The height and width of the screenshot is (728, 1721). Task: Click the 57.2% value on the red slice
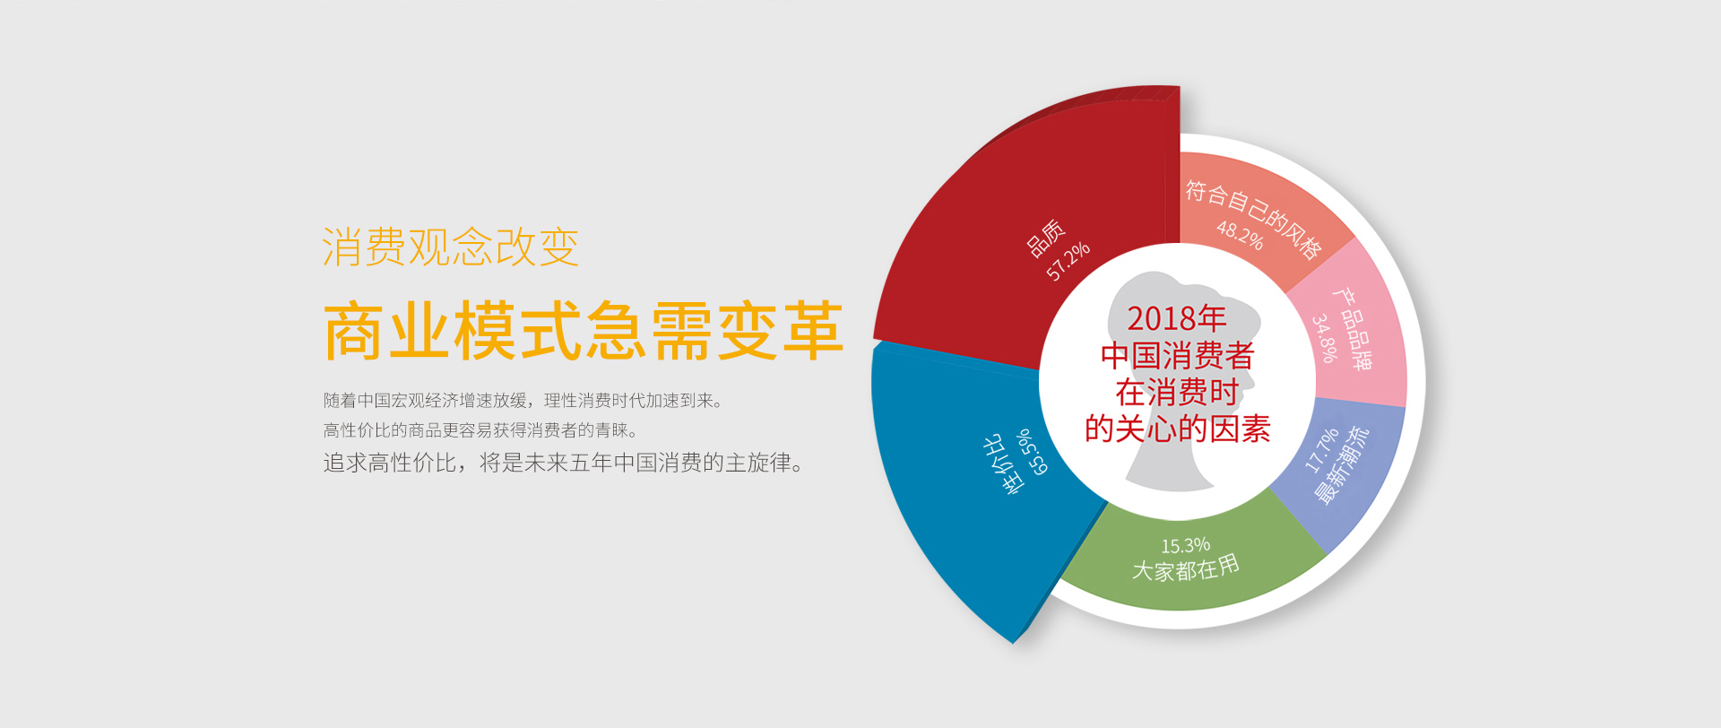tap(1068, 261)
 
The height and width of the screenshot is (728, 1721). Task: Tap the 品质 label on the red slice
tap(1046, 238)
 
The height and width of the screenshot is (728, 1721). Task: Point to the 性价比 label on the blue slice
tap(1002, 464)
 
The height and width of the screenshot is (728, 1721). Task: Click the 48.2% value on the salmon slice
tap(1240, 235)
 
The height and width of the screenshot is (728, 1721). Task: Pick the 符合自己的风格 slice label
tap(1253, 219)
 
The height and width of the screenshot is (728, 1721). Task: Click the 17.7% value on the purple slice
tap(1321, 449)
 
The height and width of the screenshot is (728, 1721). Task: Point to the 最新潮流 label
tap(1342, 464)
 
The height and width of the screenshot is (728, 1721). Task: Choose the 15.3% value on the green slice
tap(1185, 545)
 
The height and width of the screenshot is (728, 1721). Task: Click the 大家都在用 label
tap(1186, 568)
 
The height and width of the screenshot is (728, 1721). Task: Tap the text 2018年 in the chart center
tap(1176, 318)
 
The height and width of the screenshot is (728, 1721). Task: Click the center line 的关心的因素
tap(1177, 429)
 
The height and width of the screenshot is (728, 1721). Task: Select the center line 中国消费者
tap(1177, 355)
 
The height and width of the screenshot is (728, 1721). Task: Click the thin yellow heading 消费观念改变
tap(451, 247)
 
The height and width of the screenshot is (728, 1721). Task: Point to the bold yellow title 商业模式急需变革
tap(584, 331)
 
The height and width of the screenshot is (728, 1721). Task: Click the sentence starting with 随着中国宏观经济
tap(523, 400)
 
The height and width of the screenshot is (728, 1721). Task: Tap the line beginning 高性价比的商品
tap(481, 430)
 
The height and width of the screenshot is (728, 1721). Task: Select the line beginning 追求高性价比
tap(564, 463)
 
